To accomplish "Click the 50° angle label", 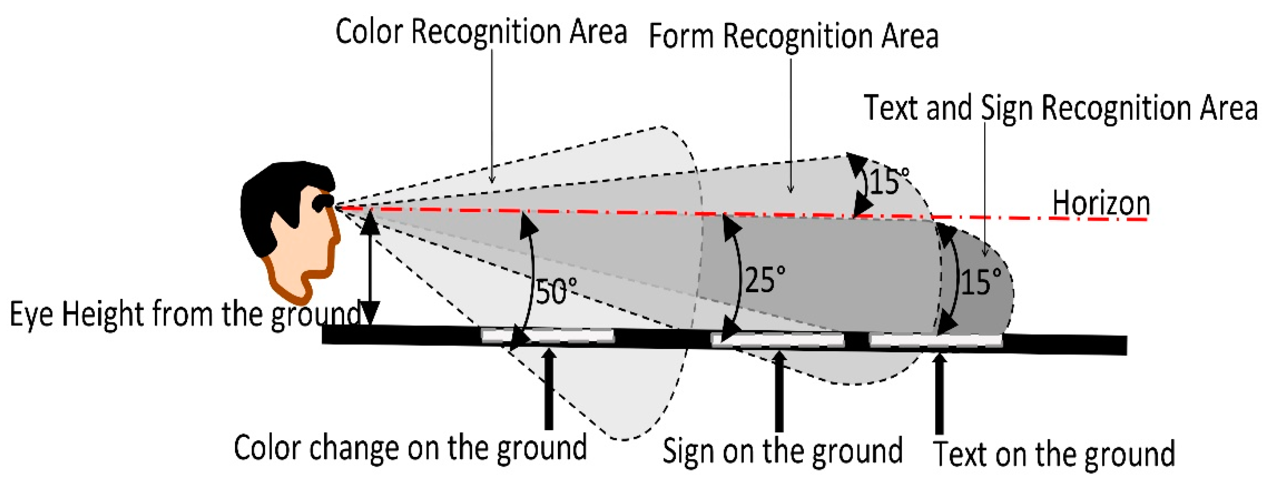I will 556,292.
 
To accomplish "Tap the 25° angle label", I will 765,280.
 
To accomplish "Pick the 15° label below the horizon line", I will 981,282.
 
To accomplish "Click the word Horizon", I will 1101,203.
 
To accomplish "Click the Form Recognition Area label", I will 793,36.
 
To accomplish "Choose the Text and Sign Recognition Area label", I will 1061,108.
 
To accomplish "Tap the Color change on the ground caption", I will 410,448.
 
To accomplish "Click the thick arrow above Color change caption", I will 549,389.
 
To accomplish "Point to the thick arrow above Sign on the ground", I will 779,392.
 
